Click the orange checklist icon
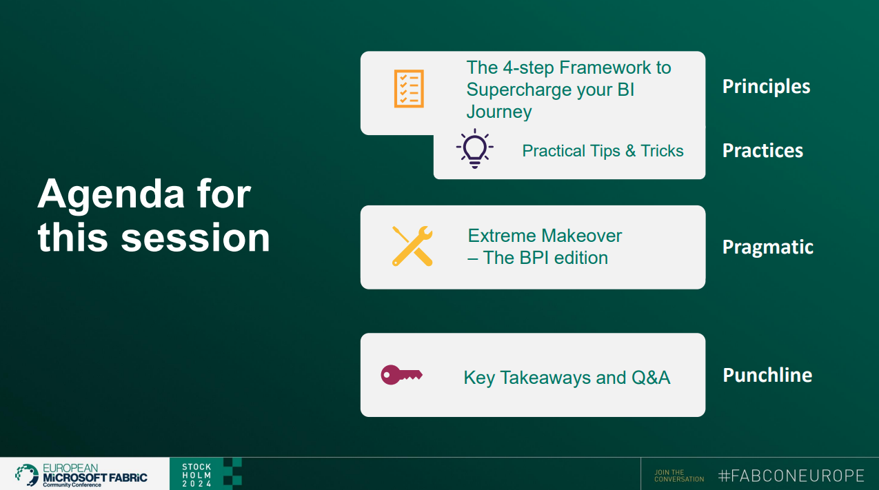click(x=409, y=89)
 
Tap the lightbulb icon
click(x=474, y=149)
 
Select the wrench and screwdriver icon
click(x=412, y=246)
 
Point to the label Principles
click(x=766, y=87)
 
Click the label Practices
click(x=762, y=151)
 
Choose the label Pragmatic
click(x=767, y=247)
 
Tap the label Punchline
click(x=767, y=376)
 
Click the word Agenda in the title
click(x=110, y=195)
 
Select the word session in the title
click(x=195, y=238)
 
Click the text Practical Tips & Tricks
click(x=603, y=151)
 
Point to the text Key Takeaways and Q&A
click(x=567, y=378)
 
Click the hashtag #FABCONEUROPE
click(x=791, y=476)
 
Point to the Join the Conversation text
click(x=679, y=476)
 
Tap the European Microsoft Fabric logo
click(x=81, y=475)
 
